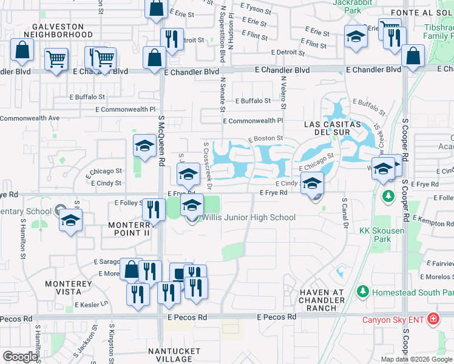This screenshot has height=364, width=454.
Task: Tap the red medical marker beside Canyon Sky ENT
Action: coord(433,318)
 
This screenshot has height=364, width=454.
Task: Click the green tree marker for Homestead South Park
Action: coord(363,291)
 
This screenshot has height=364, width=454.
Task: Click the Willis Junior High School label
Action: coord(248,217)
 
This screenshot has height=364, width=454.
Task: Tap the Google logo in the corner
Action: coord(20,357)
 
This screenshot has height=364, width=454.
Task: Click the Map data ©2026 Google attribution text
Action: coord(416,359)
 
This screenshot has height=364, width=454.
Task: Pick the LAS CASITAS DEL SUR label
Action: coord(332,129)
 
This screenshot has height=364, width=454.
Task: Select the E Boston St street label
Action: coord(266,139)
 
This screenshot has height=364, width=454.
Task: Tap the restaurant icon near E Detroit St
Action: coord(172,39)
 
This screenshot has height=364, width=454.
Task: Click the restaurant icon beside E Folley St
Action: coord(154,210)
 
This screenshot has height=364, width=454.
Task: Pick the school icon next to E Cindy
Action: coord(312,183)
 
